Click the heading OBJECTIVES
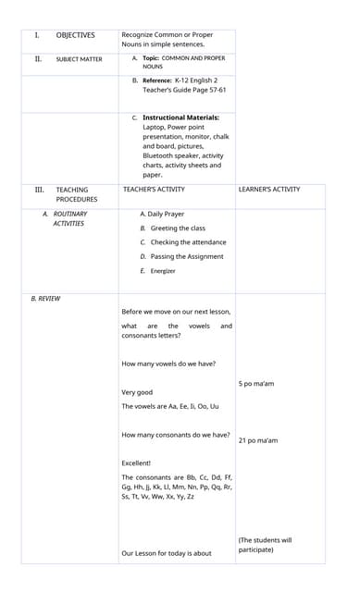click(x=75, y=35)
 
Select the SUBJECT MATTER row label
click(x=79, y=59)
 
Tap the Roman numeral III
click(x=40, y=190)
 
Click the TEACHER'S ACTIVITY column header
click(x=154, y=190)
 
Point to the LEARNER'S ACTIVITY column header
click(x=269, y=190)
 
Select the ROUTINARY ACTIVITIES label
click(x=68, y=218)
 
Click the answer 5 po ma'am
click(x=256, y=383)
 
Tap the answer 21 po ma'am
click(x=258, y=440)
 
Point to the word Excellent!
click(x=136, y=462)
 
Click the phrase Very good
click(x=137, y=392)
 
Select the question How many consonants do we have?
click(x=176, y=435)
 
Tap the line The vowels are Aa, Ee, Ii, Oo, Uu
click(x=170, y=406)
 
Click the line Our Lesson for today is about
click(x=167, y=553)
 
